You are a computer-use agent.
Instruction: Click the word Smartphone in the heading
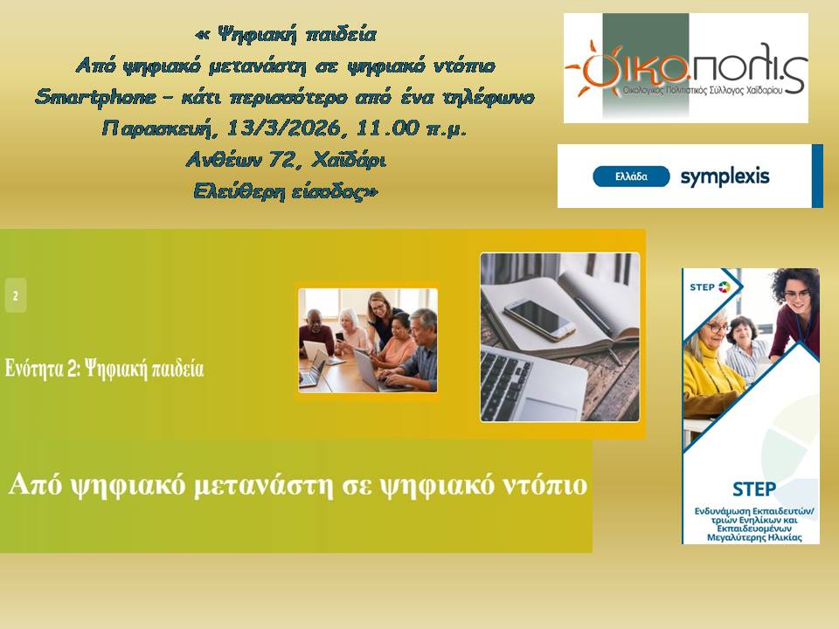point(96,97)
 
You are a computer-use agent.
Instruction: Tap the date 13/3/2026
point(284,128)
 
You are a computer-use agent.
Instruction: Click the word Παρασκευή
point(160,129)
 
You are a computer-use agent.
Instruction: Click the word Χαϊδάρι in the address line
point(349,160)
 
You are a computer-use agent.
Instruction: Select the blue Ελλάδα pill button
point(631,176)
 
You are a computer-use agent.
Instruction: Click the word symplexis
point(725,176)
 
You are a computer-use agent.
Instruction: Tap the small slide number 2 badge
point(16,295)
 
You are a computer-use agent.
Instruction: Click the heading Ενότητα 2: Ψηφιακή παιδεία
point(105,369)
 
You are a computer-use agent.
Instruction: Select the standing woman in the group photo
point(383,320)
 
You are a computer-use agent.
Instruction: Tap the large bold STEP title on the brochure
point(754,489)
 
